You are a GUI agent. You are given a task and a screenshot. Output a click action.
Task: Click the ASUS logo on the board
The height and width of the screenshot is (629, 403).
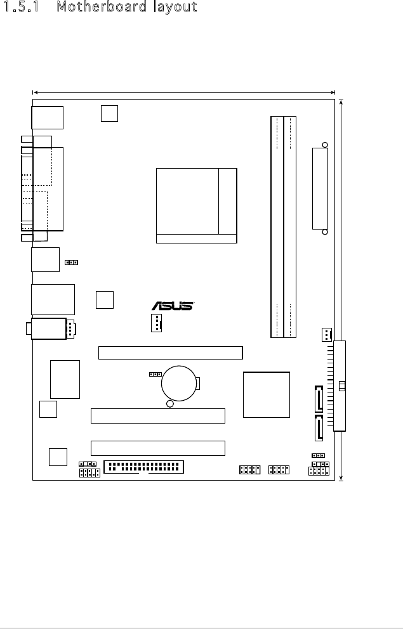click(x=172, y=306)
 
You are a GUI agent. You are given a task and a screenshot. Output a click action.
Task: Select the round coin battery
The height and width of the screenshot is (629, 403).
click(x=180, y=382)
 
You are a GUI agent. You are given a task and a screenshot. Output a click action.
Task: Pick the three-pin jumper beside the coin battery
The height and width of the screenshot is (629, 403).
click(x=154, y=374)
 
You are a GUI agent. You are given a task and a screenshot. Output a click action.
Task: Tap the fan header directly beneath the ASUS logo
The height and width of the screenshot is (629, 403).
click(x=157, y=323)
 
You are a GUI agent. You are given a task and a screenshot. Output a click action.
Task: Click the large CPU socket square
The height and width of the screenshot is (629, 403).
click(x=196, y=205)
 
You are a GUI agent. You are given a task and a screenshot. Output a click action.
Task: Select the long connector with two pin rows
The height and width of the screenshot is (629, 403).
click(x=143, y=467)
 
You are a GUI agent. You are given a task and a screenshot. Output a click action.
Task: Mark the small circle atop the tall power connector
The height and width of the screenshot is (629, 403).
click(x=324, y=145)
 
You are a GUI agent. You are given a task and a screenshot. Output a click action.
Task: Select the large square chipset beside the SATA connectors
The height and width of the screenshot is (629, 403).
click(x=267, y=394)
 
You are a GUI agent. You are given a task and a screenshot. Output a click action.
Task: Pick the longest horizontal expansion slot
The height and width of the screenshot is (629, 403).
click(x=170, y=353)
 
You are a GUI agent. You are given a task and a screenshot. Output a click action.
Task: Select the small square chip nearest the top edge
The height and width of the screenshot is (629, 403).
click(x=109, y=113)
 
